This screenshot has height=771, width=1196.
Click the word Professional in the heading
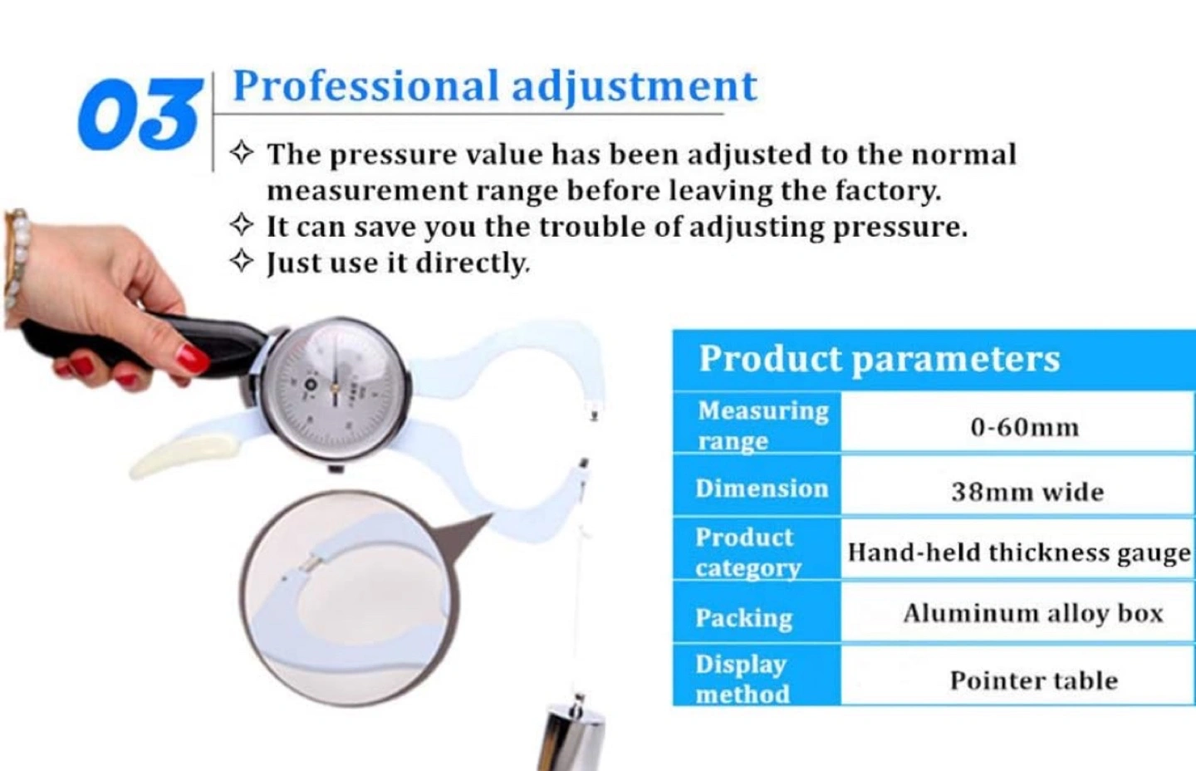coord(365,86)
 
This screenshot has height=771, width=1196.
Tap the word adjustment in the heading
coord(635,87)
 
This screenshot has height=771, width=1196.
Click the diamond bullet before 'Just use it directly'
coord(242,261)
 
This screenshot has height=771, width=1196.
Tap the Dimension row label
coord(762,489)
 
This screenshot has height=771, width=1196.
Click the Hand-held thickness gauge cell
coord(1019,553)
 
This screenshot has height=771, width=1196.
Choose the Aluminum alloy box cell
coord(1033,614)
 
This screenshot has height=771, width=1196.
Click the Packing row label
coord(744,618)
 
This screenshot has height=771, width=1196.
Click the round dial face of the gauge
coord(336,389)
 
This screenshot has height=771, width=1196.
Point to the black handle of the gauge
coord(149,341)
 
